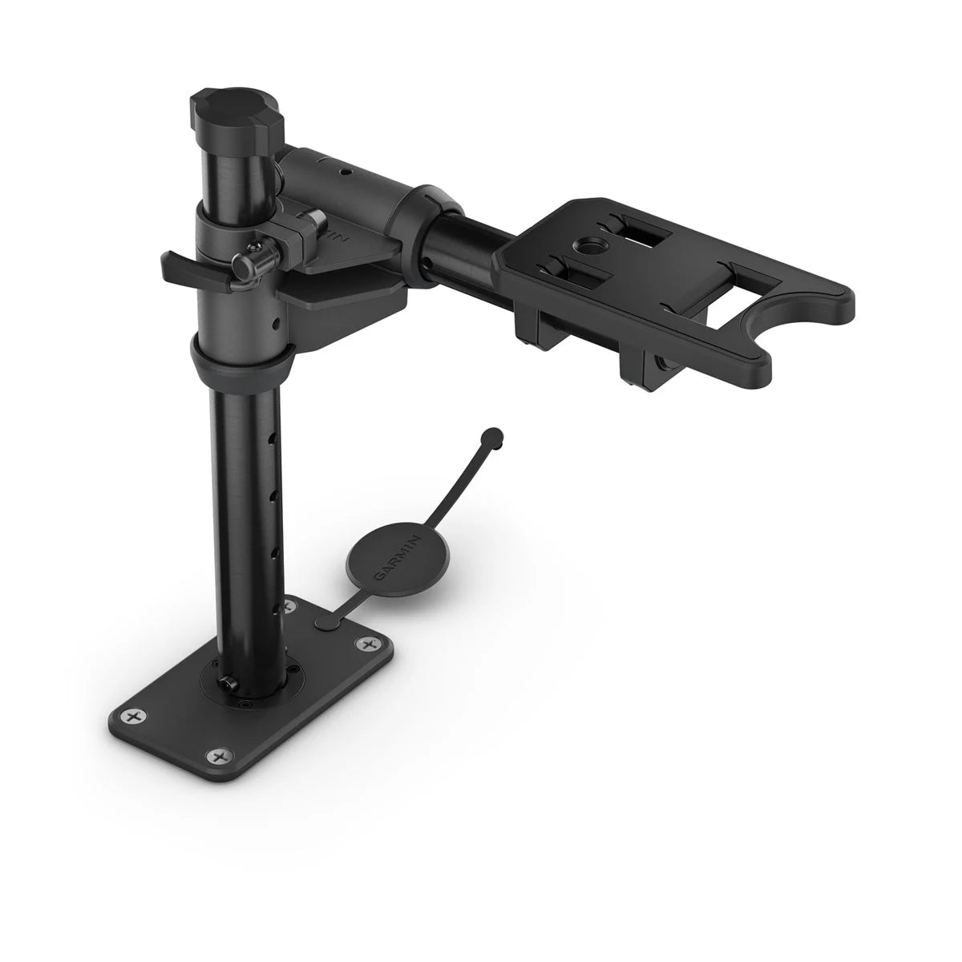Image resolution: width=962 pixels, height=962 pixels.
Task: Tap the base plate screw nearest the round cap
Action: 368,644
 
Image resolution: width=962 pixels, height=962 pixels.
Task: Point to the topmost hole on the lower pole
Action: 275,437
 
